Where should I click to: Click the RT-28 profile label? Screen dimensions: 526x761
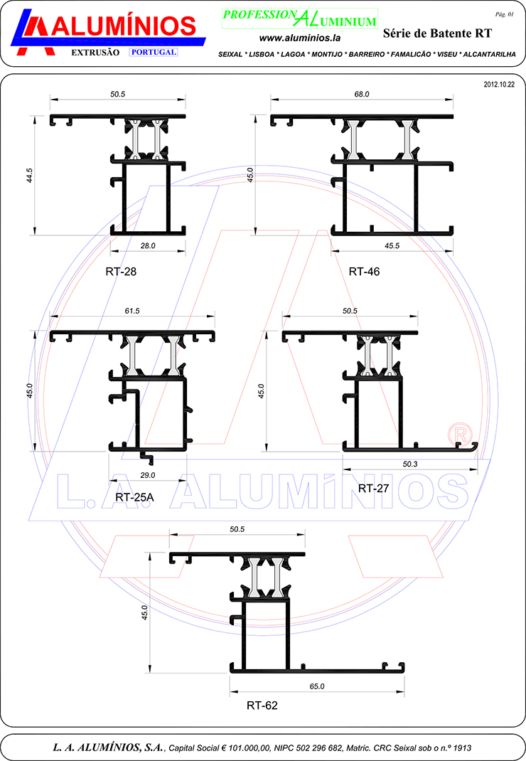point(121,272)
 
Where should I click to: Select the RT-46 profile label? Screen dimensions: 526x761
point(365,272)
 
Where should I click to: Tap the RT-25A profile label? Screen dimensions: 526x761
point(134,497)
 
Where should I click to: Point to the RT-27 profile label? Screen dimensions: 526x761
point(374,488)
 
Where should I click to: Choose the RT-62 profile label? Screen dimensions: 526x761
point(262,706)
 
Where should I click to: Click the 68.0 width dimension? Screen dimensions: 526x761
point(362,94)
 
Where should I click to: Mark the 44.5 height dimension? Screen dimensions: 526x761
point(30,175)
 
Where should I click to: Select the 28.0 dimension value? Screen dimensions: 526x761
point(148,246)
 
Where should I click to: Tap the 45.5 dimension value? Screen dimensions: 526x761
point(392,246)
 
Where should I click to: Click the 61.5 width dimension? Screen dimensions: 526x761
point(132,311)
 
